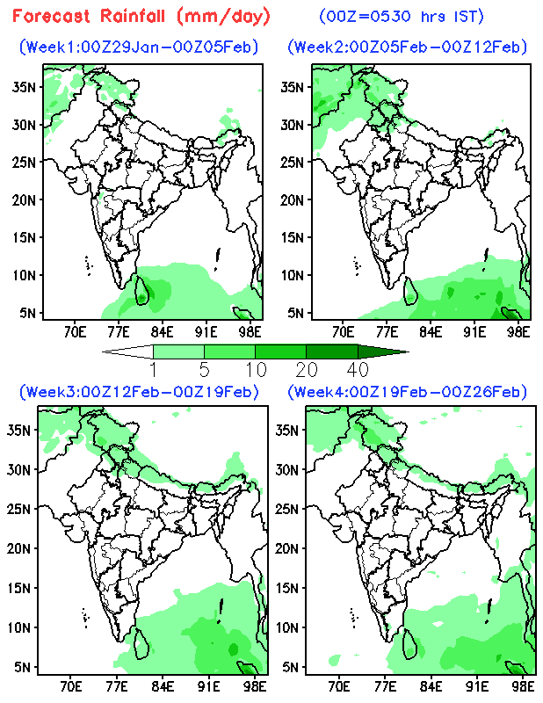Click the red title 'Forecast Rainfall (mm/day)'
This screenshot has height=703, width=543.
(x=141, y=17)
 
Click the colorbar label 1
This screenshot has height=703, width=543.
(x=154, y=369)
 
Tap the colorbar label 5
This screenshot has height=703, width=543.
(x=205, y=369)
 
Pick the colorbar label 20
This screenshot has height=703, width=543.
(x=307, y=369)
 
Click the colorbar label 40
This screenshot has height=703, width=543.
(x=357, y=369)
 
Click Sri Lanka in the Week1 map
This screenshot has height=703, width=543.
(x=141, y=291)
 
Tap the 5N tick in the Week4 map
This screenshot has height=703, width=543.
(x=293, y=666)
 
